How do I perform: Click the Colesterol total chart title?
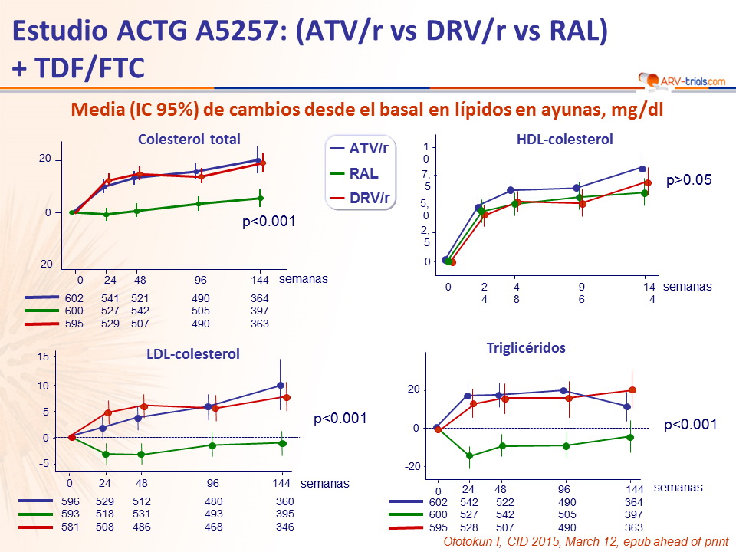pos(189,140)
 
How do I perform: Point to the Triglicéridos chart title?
pos(526,347)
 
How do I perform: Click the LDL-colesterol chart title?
pos(193,353)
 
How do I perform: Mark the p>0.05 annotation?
pos(689,181)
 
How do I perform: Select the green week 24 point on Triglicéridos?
pos(469,456)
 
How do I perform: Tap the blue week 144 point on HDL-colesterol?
pos(642,168)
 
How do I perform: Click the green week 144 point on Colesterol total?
pos(260,199)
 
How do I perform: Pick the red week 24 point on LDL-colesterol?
pos(108,413)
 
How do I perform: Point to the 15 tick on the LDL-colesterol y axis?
pos(43,356)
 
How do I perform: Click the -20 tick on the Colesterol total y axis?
pos(46,264)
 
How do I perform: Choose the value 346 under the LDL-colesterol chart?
pos(284,527)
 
